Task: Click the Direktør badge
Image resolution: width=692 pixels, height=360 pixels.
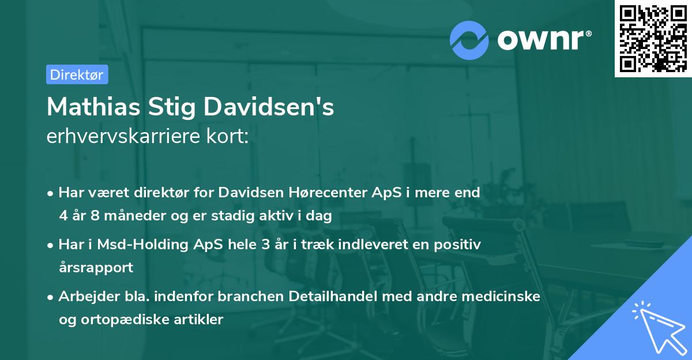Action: (77, 74)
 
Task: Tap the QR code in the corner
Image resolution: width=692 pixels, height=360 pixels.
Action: (652, 38)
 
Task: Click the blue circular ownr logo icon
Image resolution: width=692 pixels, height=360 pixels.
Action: (469, 40)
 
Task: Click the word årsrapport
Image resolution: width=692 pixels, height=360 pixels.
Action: (96, 268)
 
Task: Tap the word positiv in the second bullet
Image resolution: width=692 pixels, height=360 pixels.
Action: (460, 244)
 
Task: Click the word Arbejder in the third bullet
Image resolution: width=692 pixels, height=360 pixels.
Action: (85, 296)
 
